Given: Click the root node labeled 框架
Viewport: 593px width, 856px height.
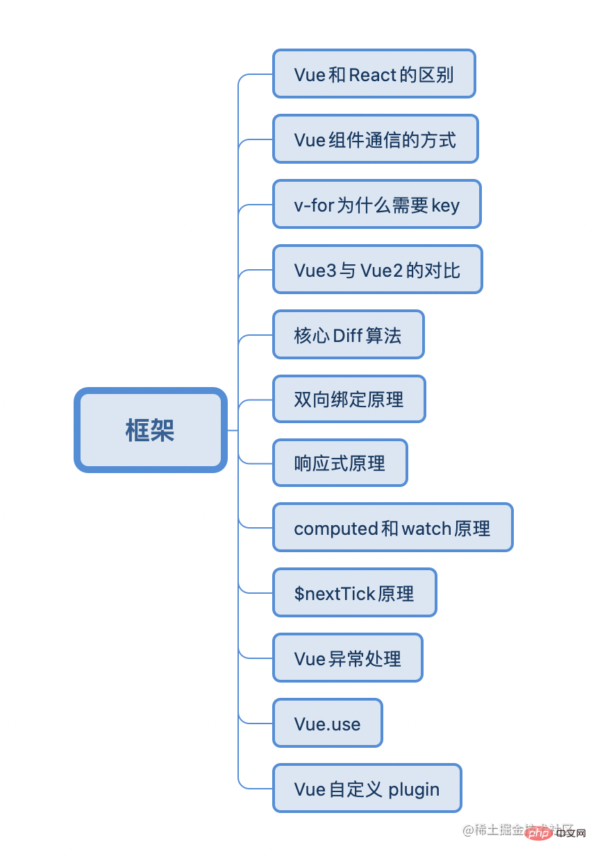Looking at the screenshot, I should pyautogui.click(x=151, y=430).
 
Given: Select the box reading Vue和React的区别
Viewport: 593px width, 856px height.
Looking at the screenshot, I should pyautogui.click(x=374, y=74).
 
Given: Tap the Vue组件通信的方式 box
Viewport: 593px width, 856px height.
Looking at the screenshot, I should pyautogui.click(x=375, y=139).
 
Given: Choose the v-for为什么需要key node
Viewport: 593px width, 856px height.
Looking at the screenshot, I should pyautogui.click(x=376, y=205).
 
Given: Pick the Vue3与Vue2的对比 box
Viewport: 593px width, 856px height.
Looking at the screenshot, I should pyautogui.click(x=377, y=269).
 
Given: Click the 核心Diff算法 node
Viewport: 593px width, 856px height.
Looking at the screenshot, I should pyautogui.click(x=348, y=334).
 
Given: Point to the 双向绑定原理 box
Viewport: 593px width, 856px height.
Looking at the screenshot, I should pyautogui.click(x=349, y=399).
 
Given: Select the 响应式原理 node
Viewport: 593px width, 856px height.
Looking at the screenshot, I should pyautogui.click(x=340, y=463).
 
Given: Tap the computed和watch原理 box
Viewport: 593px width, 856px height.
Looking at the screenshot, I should pyautogui.click(x=392, y=527).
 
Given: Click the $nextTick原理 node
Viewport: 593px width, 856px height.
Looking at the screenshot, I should pyautogui.click(x=354, y=592).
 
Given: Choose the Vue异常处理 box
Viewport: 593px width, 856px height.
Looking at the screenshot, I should pyautogui.click(x=347, y=658).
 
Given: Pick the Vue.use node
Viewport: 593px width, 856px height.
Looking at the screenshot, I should pyautogui.click(x=327, y=723).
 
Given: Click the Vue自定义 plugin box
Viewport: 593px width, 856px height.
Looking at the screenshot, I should pyautogui.click(x=367, y=788).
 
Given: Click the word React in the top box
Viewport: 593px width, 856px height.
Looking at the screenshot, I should pyautogui.click(x=373, y=74).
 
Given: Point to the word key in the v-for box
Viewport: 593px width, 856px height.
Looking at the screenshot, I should pyautogui.click(x=445, y=205).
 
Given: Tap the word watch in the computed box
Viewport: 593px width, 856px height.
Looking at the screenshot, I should pyautogui.click(x=426, y=528).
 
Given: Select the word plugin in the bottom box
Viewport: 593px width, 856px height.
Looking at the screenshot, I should pyautogui.click(x=414, y=789).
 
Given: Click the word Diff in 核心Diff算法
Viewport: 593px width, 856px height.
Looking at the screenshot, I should pyautogui.click(x=347, y=335).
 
